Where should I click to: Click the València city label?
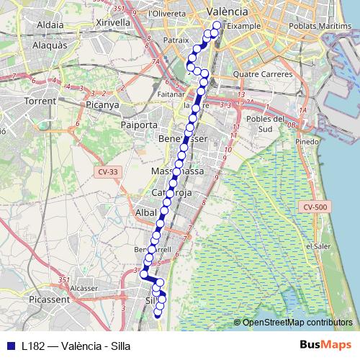point(227,12)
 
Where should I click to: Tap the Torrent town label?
point(40,101)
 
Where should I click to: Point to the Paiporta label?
point(140,125)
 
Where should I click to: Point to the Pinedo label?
point(307,142)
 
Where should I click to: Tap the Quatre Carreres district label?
point(263,73)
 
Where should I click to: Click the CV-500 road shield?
point(316,207)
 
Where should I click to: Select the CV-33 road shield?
point(107,171)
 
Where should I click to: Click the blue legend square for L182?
point(10,345)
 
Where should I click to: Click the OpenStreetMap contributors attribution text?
point(297,322)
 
